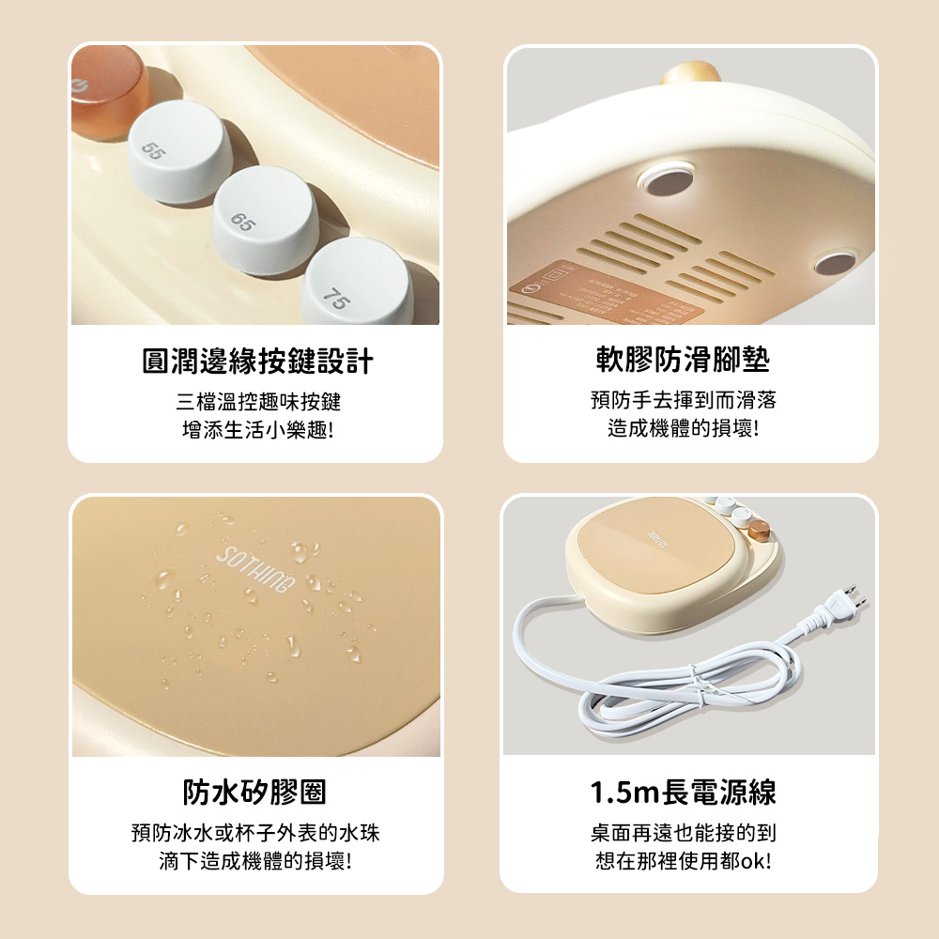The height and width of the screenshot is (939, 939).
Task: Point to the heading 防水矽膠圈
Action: point(254,793)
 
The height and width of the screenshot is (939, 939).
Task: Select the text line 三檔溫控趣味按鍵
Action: point(258,403)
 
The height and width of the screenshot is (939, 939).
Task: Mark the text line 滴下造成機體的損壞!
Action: point(255,860)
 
